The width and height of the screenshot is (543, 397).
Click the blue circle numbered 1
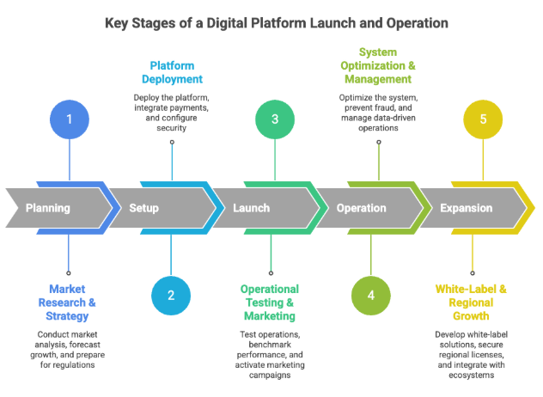[x=69, y=119]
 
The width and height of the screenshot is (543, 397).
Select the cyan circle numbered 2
[x=171, y=296]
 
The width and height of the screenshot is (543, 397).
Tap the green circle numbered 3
[x=275, y=119]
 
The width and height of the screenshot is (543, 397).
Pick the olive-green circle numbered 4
[x=371, y=296]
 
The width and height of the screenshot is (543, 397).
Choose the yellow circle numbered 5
[x=483, y=119]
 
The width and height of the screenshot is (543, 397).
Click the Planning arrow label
[x=48, y=208]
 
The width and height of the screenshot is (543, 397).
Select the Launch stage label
[x=251, y=208]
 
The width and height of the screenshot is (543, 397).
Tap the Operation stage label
[x=361, y=208]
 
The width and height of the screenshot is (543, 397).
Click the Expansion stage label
[x=467, y=208]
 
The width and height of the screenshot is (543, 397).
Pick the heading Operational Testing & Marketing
[x=269, y=302]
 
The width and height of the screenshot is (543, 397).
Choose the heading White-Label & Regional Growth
[x=472, y=302]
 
